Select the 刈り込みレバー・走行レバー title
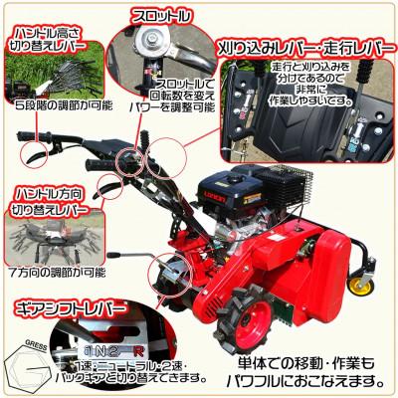coord(304,46)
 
